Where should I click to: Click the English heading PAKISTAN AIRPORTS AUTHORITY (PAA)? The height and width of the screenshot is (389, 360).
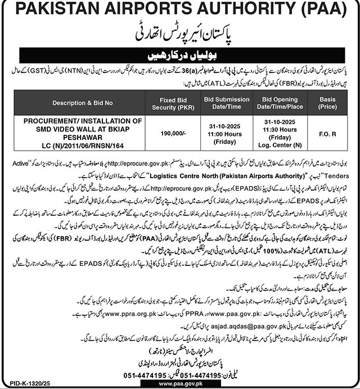pos(180,11)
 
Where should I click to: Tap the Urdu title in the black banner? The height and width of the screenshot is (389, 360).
pos(180,56)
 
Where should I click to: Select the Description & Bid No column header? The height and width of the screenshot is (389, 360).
pos(83,103)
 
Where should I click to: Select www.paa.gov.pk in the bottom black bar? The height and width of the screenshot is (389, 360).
pos(180,383)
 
